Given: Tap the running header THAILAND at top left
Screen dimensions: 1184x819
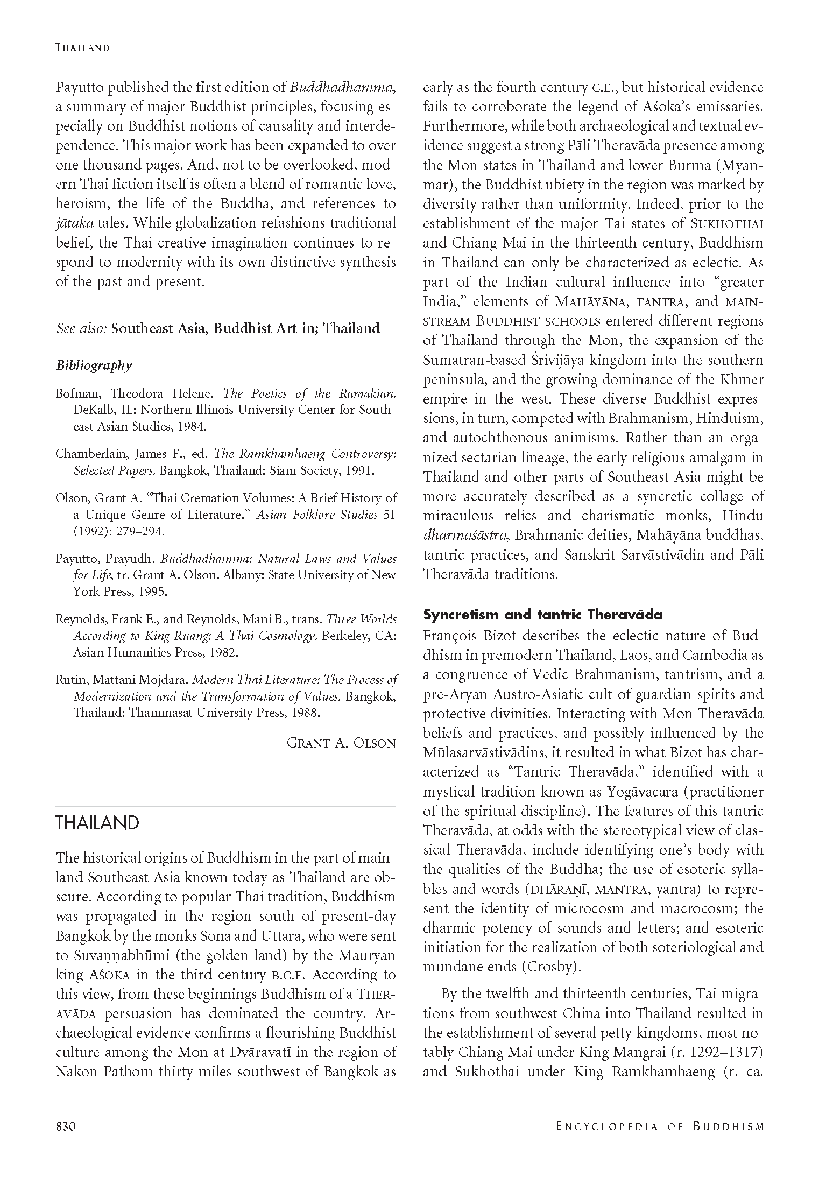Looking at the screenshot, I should pyautogui.click(x=82, y=47).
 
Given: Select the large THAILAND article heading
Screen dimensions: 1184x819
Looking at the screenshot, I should pyautogui.click(x=97, y=823).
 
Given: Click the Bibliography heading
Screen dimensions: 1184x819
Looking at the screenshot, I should pyautogui.click(x=94, y=365).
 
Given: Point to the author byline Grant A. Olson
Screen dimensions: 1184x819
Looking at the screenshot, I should pyautogui.click(x=341, y=743).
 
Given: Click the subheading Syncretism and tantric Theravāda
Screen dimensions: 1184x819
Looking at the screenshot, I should pyautogui.click(x=542, y=615).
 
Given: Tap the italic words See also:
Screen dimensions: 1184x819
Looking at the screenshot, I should pyautogui.click(x=82, y=328).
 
